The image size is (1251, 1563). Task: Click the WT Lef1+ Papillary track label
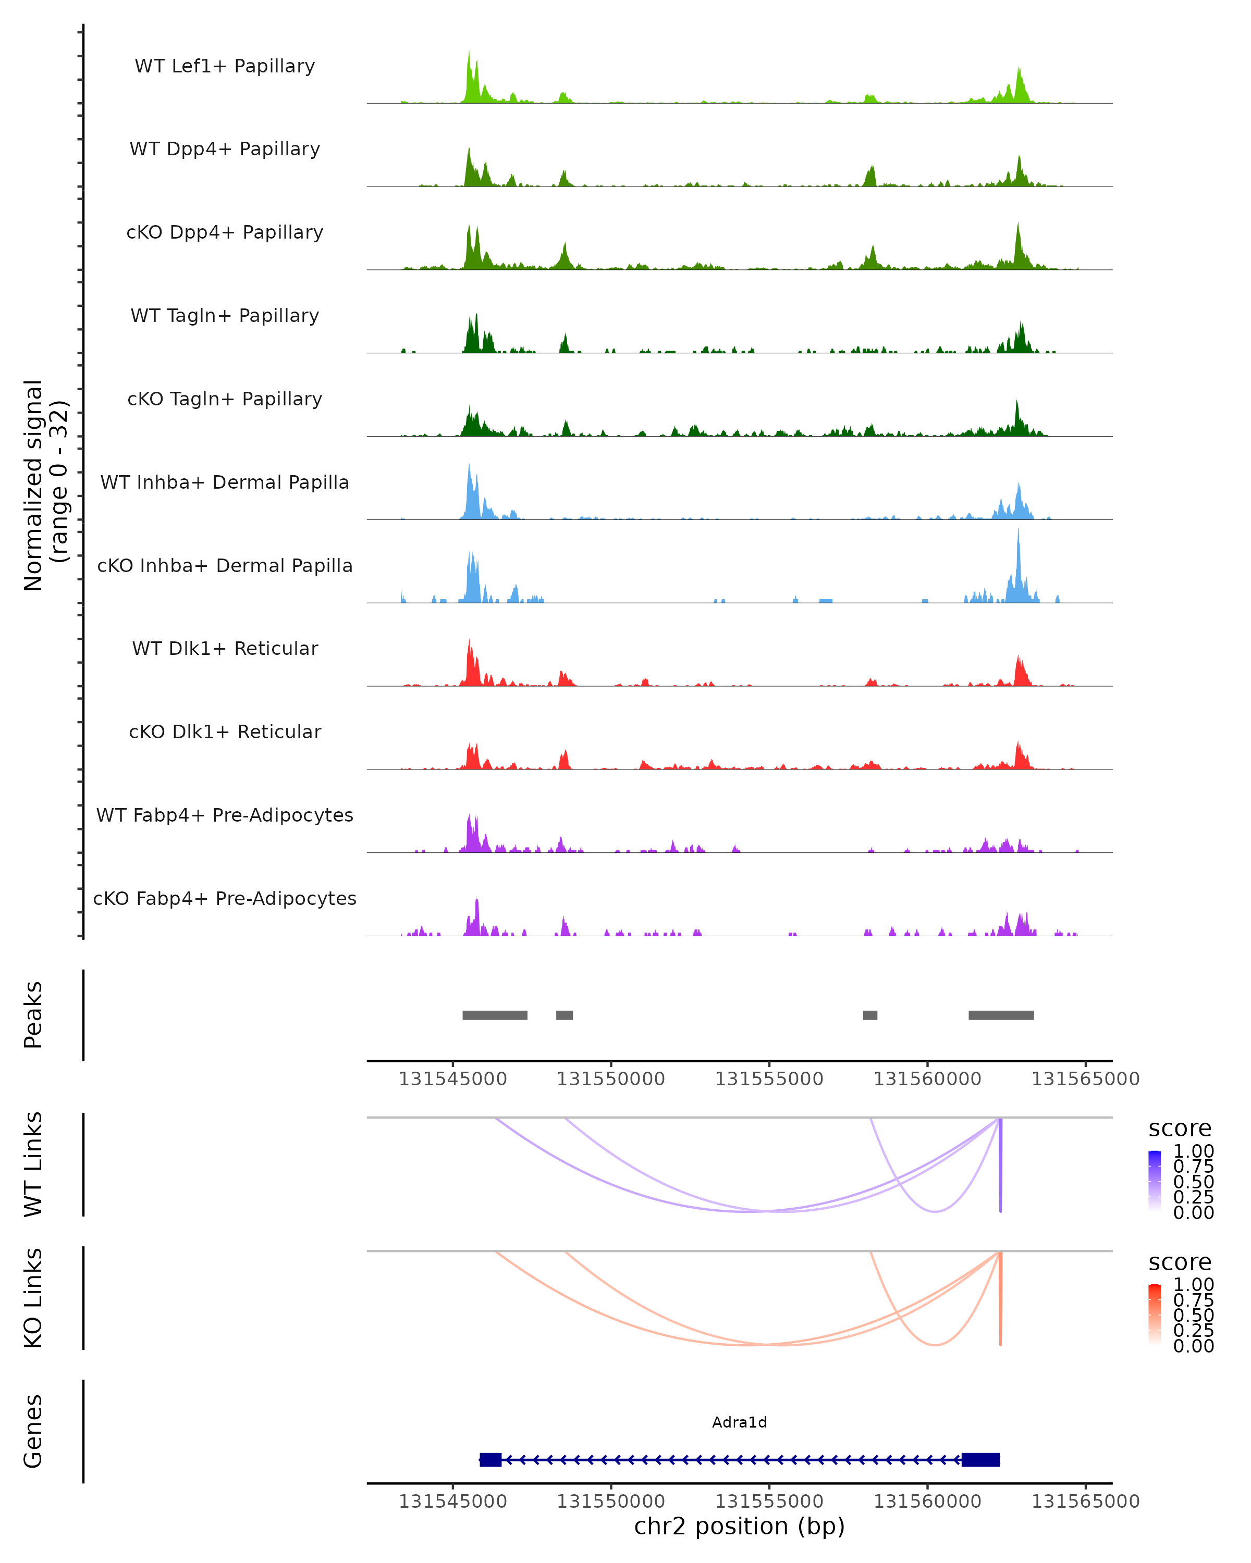pyautogui.click(x=225, y=66)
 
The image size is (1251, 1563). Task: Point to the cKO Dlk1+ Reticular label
pyautogui.click(x=225, y=731)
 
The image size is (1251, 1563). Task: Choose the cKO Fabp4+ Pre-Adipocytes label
pyautogui.click(x=225, y=898)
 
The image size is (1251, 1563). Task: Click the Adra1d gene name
pyautogui.click(x=739, y=1422)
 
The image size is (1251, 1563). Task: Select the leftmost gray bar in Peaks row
pyautogui.click(x=495, y=1015)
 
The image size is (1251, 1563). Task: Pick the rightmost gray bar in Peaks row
pyautogui.click(x=1001, y=1015)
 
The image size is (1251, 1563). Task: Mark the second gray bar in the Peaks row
pyautogui.click(x=564, y=1015)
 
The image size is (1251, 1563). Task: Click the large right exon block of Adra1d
pyautogui.click(x=980, y=1460)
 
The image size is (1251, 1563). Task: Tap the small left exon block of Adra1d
pyautogui.click(x=490, y=1460)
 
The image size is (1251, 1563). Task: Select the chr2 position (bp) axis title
pyautogui.click(x=739, y=1527)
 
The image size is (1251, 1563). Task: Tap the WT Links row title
pyautogui.click(x=33, y=1164)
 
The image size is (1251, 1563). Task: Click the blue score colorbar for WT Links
pyautogui.click(x=1155, y=1180)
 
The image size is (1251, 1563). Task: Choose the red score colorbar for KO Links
pyautogui.click(x=1155, y=1313)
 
